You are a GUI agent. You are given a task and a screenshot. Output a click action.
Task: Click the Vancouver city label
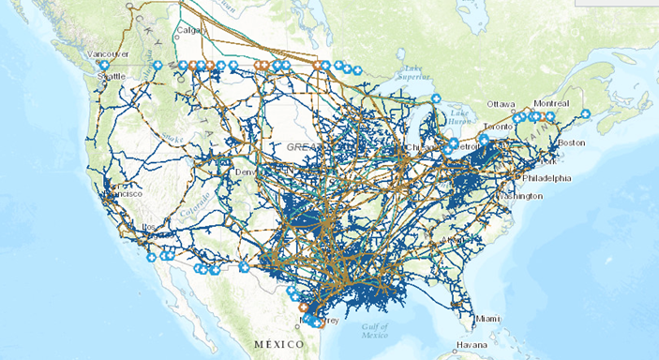107,55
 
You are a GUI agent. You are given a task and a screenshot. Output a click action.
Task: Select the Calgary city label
190,28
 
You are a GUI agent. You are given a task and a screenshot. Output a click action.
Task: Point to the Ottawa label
501,103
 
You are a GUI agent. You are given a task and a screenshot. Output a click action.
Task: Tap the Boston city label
571,142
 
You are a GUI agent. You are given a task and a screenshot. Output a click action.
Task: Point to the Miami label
487,319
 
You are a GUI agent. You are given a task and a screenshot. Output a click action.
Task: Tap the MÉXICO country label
280,345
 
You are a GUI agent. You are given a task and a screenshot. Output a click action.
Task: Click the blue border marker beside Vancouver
104,66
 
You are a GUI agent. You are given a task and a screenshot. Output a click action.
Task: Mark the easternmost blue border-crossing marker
550,116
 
